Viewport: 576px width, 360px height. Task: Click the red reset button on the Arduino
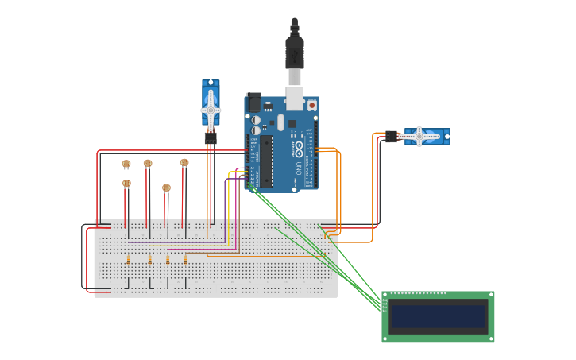pyautogui.click(x=311, y=105)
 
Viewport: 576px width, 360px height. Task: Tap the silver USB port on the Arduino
pyautogui.click(x=294, y=97)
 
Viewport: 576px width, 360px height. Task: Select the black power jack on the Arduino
pyautogui.click(x=253, y=102)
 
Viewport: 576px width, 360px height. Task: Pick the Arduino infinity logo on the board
pyautogui.click(x=298, y=148)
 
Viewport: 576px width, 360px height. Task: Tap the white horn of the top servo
pyautogui.click(x=211, y=110)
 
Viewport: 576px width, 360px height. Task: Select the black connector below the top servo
pyautogui.click(x=211, y=137)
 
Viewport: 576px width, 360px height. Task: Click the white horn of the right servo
pyautogui.click(x=419, y=137)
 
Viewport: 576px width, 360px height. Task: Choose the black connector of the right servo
pyautogui.click(x=392, y=137)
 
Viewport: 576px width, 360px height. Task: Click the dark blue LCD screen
pyautogui.click(x=438, y=316)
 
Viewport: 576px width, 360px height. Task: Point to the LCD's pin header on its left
pyautogui.click(x=385, y=304)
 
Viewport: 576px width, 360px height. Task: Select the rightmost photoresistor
pyautogui.click(x=184, y=162)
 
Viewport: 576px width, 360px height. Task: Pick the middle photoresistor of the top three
pyautogui.click(x=148, y=163)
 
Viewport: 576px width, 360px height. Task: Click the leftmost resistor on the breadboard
pyautogui.click(x=129, y=259)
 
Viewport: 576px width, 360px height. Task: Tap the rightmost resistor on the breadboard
pyautogui.click(x=186, y=259)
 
